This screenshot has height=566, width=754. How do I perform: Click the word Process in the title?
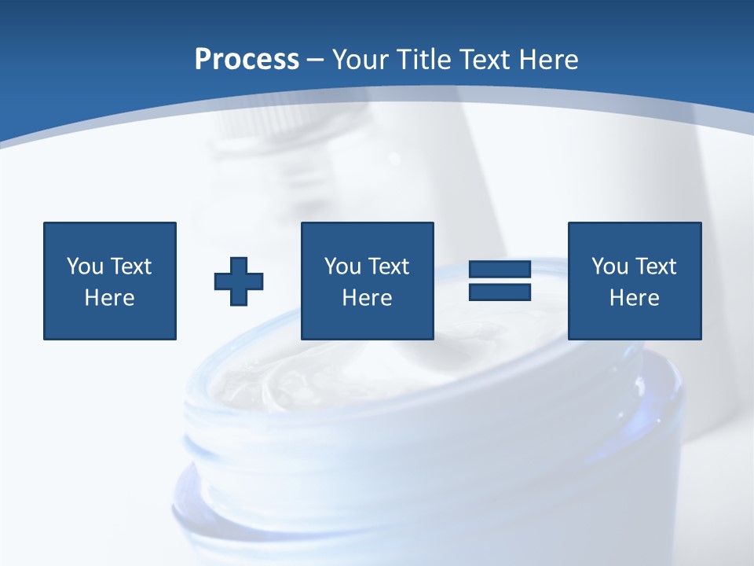[x=247, y=60]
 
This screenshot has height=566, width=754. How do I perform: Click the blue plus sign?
[x=239, y=281]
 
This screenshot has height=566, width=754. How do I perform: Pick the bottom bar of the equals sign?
[x=500, y=292]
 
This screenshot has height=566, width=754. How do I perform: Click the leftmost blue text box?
[x=110, y=281]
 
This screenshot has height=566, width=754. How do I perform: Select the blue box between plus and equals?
[x=368, y=281]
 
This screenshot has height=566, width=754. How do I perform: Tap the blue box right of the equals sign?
[x=635, y=281]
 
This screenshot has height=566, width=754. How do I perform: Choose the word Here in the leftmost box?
[x=110, y=298]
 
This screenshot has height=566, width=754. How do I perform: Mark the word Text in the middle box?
[x=388, y=266]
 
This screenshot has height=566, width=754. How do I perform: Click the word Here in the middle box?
[x=368, y=298]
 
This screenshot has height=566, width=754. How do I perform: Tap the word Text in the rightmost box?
[x=655, y=266]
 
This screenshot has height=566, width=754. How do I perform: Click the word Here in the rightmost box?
[x=635, y=298]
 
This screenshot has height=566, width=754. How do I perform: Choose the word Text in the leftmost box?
[x=130, y=266]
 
